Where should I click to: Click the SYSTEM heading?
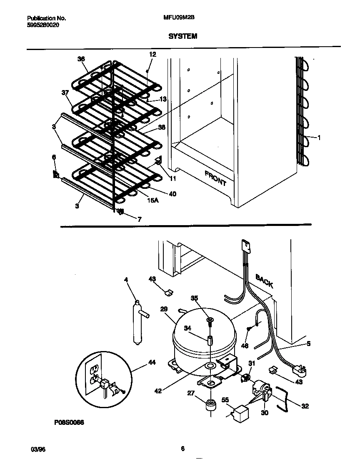tap(182, 36)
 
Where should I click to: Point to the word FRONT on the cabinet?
tap(215, 178)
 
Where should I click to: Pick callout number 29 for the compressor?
tap(163, 309)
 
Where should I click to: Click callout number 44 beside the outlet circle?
tap(152, 363)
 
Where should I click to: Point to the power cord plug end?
tap(299, 370)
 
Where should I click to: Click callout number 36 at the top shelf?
tap(81, 59)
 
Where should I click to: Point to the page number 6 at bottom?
tap(182, 449)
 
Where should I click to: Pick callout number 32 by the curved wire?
tap(305, 406)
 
